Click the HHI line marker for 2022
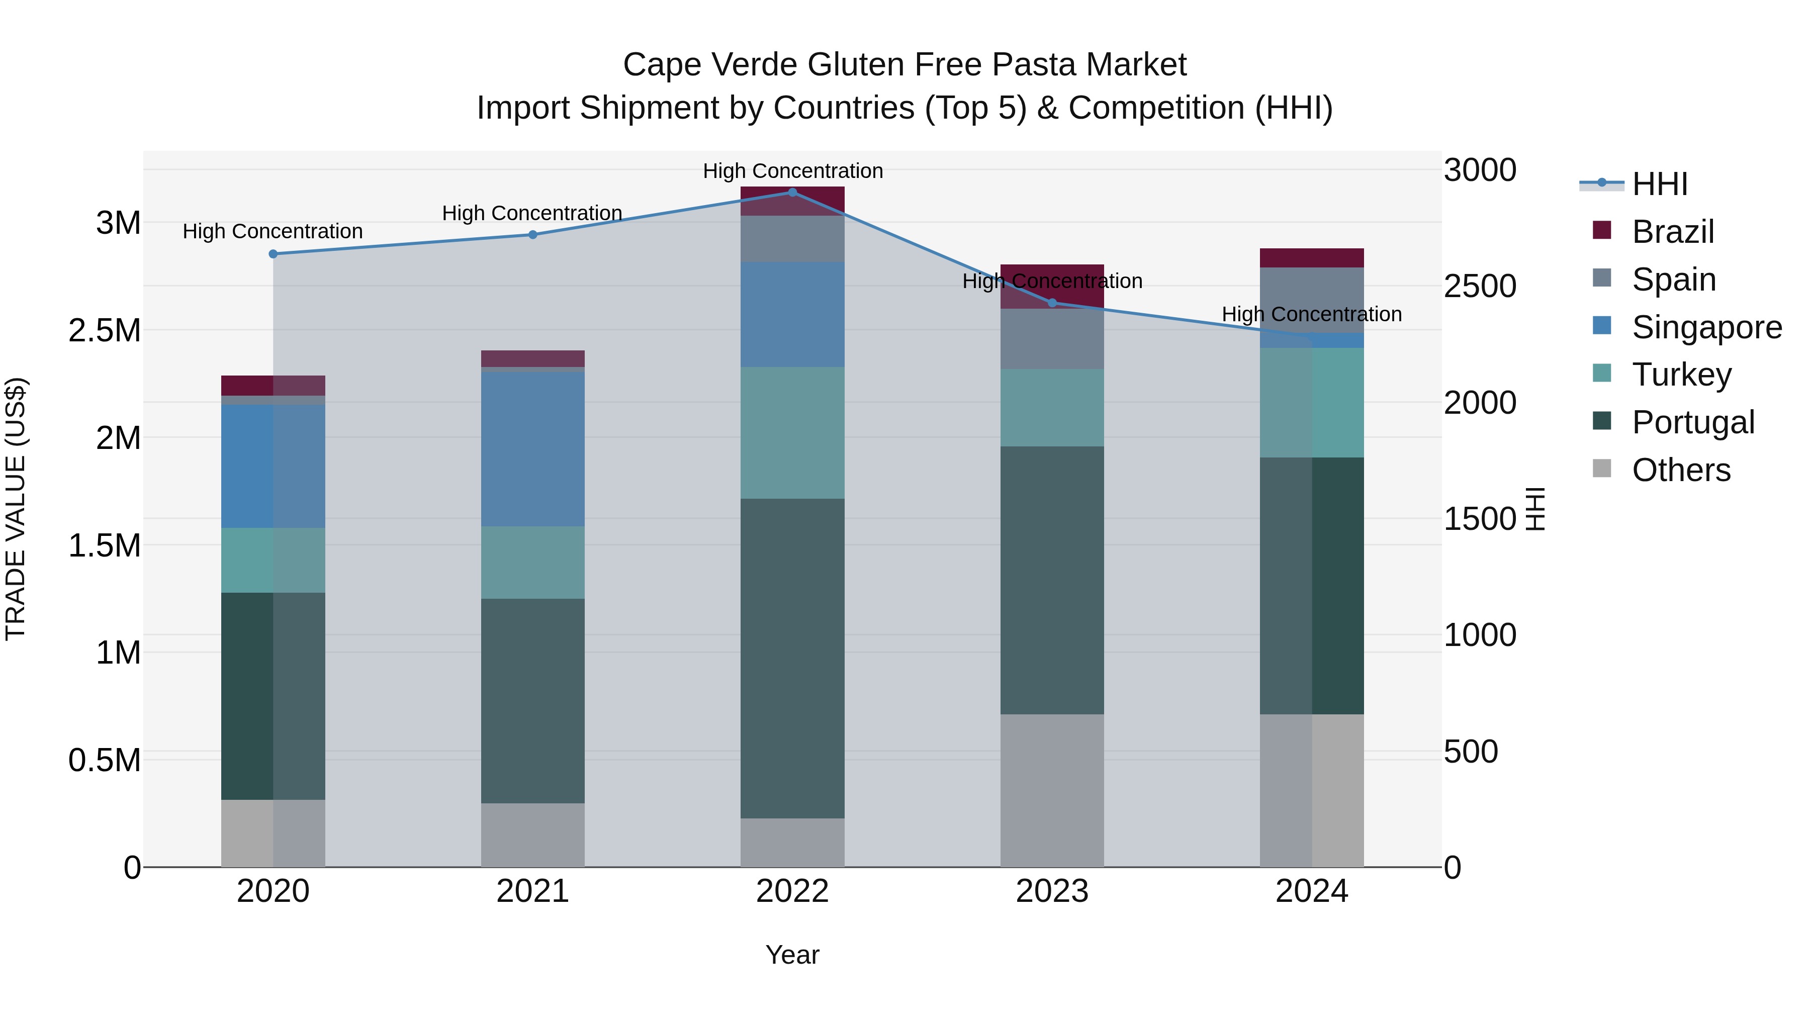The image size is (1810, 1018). click(792, 193)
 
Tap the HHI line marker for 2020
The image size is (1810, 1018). click(274, 254)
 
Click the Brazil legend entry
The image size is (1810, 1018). click(1672, 232)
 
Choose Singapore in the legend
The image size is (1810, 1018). click(1706, 327)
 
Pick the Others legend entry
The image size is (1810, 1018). click(1681, 470)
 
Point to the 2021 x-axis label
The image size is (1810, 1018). click(532, 891)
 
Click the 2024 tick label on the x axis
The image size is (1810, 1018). click(1311, 891)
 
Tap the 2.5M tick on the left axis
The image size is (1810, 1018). click(105, 331)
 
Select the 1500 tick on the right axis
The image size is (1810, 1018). click(1480, 519)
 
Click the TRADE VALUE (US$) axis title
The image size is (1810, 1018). click(16, 509)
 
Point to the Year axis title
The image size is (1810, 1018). click(792, 955)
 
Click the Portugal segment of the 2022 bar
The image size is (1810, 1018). click(792, 658)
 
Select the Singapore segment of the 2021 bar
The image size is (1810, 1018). click(532, 449)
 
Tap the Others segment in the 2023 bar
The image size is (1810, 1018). click(1052, 790)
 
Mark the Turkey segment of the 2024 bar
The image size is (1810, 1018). click(1311, 403)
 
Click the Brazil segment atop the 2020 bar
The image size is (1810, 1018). click(274, 386)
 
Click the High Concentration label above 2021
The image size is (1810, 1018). click(532, 213)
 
